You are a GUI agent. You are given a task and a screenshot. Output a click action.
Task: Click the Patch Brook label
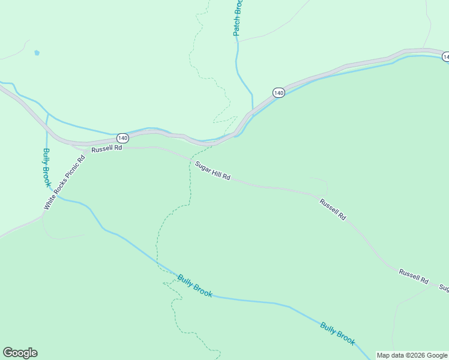[238, 18]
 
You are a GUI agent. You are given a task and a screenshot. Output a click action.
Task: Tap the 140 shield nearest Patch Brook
[279, 92]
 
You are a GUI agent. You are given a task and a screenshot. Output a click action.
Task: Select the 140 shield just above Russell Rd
[122, 138]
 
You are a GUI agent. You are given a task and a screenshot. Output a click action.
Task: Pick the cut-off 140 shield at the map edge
[445, 56]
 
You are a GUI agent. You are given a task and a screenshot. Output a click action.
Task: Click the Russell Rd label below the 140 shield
[107, 148]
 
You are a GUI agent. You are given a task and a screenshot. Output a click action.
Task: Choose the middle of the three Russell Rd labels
[333, 210]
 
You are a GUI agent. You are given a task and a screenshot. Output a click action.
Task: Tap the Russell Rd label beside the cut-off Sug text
[414, 277]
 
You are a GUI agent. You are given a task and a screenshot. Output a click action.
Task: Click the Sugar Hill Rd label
[212, 170]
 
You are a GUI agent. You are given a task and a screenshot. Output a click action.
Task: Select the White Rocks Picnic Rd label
[65, 181]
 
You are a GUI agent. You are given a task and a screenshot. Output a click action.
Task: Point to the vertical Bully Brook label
[46, 167]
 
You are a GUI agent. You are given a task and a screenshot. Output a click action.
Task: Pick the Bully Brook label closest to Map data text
[337, 334]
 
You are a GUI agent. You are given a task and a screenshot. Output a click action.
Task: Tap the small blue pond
[37, 53]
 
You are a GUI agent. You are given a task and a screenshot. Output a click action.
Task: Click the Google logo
[20, 352]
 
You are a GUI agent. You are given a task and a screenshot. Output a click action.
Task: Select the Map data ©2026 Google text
[412, 355]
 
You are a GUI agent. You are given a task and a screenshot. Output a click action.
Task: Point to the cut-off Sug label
[444, 288]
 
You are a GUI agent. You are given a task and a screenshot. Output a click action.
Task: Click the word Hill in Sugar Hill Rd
[216, 172]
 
